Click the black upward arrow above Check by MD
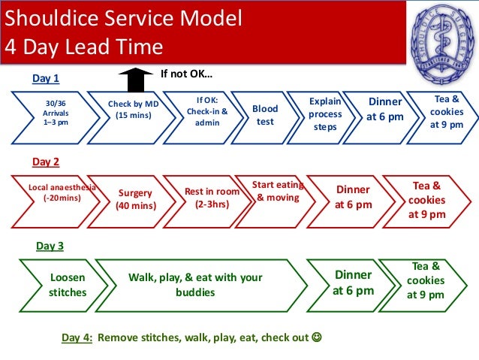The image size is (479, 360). pos(135,78)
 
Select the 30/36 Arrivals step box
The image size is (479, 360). pos(53,113)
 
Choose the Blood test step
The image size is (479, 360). pos(264,114)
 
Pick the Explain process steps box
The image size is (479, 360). pos(325,114)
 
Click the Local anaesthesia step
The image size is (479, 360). pos(56,192)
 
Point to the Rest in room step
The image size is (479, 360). pos(212,198)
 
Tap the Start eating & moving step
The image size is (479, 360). pos(277,191)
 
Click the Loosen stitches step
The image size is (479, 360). pos(67,285)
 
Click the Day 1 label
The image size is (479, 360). pos(45,78)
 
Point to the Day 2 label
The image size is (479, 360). pos(46,161)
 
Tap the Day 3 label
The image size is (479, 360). pos(50,246)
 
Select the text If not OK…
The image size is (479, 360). pos(186,74)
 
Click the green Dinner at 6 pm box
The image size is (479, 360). pos(353,283)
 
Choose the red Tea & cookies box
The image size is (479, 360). pos(426,199)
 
